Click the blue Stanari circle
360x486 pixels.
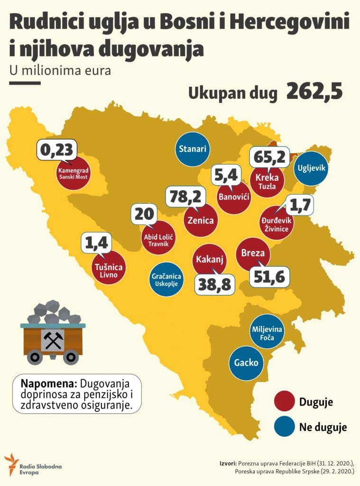pos(193,149)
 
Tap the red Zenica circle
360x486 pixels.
pos(200,221)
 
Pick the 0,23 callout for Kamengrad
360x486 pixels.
pos(56,150)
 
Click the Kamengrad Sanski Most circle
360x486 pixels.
pos(74,173)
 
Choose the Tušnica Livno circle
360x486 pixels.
pos(109,267)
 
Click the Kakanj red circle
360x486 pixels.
pos(210,260)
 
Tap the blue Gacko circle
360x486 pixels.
pos(246,364)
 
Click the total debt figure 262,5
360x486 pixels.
pos(314,92)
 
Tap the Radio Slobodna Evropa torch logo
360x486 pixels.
pos(11,464)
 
